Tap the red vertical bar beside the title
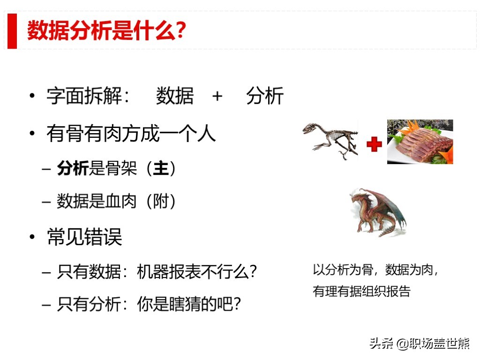(12, 31)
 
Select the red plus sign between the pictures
(374, 144)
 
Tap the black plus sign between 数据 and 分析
(217, 96)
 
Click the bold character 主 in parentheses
(160, 169)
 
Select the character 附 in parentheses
(160, 202)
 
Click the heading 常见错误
(85, 237)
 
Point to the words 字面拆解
(84, 97)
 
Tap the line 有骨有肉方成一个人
(131, 134)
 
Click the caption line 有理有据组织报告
(361, 292)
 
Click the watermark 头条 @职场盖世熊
(419, 344)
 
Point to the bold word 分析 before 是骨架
(73, 169)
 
